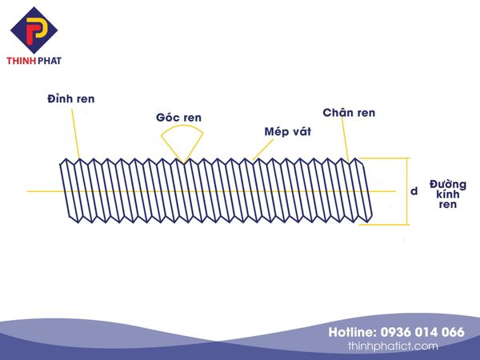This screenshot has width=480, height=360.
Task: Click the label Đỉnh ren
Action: point(71,99)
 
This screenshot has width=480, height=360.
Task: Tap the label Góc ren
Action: point(178,118)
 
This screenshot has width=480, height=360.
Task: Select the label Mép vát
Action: point(288,132)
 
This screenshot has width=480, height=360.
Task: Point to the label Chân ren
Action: point(349,113)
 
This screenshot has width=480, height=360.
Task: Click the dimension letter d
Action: point(414,191)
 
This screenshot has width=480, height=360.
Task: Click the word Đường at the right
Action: point(448,184)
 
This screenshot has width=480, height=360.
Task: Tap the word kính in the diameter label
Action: point(448,194)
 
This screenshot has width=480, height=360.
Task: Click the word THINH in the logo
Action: point(22,61)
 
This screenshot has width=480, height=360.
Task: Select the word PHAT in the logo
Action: point(50,61)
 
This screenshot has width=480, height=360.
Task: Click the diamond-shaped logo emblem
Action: point(34,30)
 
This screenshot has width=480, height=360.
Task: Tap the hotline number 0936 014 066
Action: point(422,332)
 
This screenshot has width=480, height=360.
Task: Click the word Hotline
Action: point(353,332)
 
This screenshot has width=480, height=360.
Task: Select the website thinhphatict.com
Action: point(393,346)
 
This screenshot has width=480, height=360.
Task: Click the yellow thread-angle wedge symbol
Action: point(182,144)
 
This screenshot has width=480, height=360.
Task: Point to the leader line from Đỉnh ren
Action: point(76,134)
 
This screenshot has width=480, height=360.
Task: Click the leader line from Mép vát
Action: point(262,150)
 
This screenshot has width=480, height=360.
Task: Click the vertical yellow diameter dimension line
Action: point(407,191)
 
